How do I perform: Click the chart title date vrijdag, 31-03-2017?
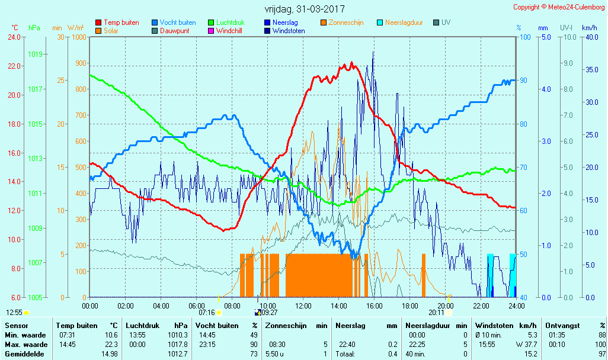tap(304, 9)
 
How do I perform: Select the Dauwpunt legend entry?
tap(174, 31)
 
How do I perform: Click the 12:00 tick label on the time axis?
tap(303, 306)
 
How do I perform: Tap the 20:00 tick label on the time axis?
tap(446, 306)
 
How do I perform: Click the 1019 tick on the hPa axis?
tap(36, 54)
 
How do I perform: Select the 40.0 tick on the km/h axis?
tap(590, 37)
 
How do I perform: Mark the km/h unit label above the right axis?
tap(589, 28)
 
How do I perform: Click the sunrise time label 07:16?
tap(206, 312)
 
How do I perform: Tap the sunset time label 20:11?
tap(436, 312)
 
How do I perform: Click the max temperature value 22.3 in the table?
tap(110, 345)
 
